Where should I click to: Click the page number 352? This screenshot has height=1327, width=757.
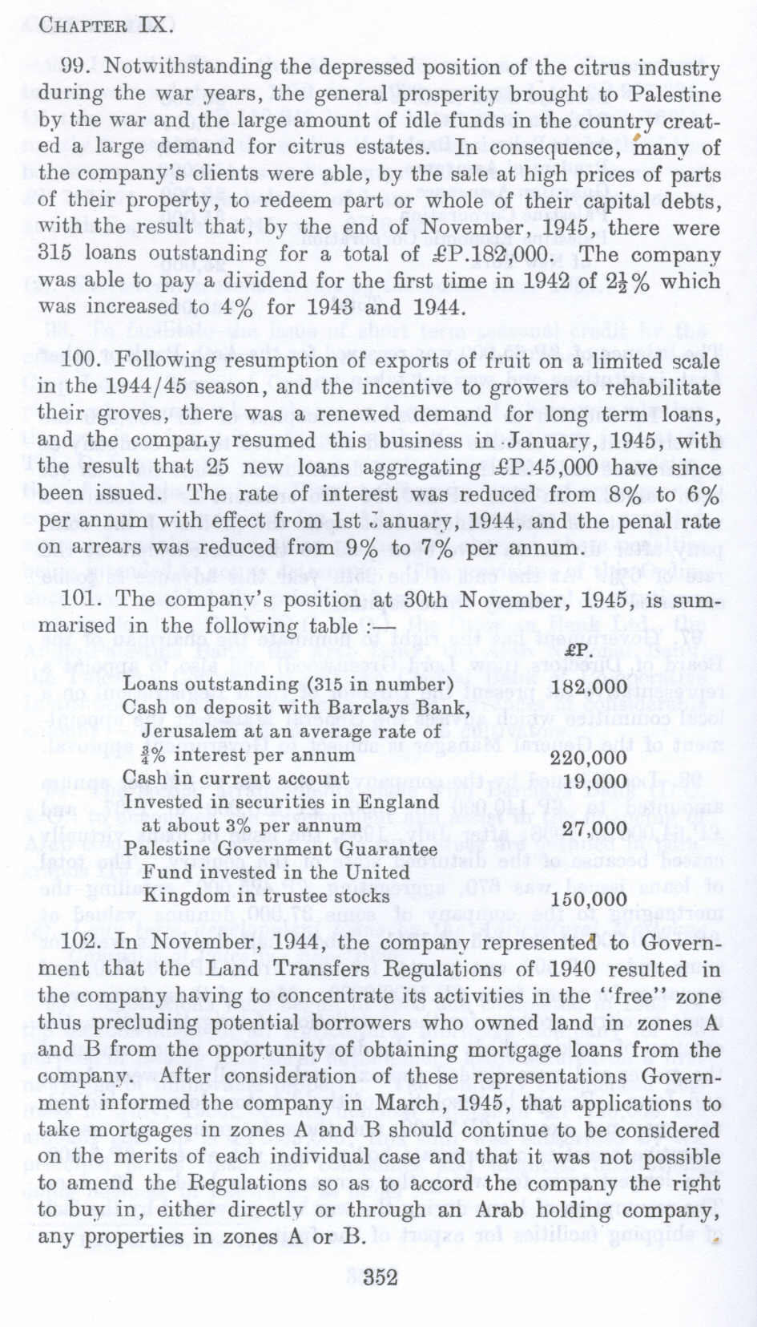point(380,1277)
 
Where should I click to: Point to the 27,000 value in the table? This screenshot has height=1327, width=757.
point(594,828)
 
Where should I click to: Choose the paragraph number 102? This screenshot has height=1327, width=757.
point(80,942)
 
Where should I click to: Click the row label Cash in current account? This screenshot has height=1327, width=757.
point(236,779)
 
